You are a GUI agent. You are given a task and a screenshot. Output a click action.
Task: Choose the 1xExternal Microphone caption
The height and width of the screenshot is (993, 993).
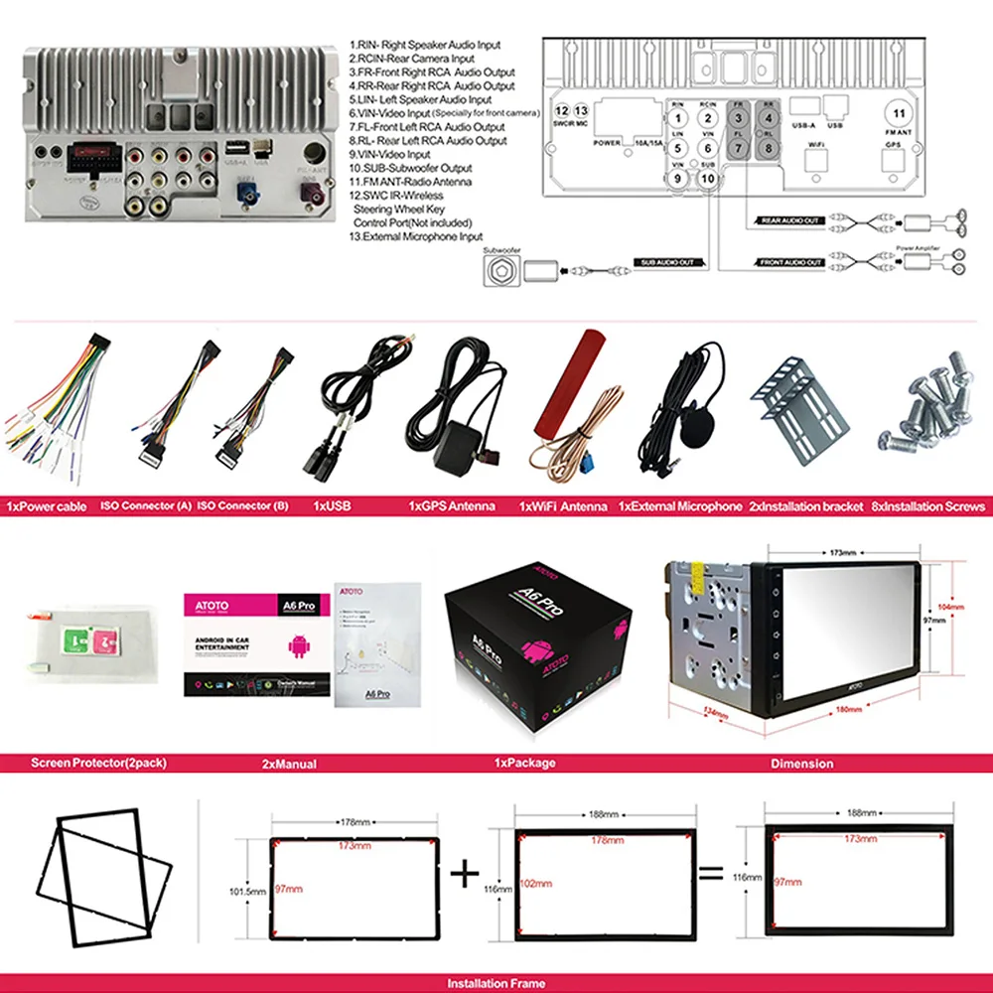pos(680,506)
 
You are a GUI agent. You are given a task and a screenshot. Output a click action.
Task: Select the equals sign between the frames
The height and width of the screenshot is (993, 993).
pos(710,875)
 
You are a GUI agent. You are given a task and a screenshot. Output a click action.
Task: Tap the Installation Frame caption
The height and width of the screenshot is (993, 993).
pos(496,984)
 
